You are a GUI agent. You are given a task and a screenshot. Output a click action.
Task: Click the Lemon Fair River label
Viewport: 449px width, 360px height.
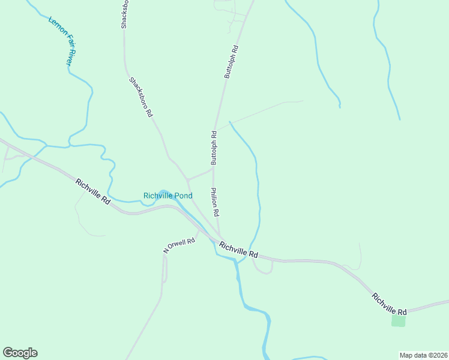point(62,40)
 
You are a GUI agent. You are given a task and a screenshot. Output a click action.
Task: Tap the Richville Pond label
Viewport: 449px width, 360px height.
point(167,196)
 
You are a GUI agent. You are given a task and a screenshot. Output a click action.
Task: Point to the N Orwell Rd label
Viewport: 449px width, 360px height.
point(179,245)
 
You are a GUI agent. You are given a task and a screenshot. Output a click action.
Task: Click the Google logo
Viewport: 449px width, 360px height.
point(20,353)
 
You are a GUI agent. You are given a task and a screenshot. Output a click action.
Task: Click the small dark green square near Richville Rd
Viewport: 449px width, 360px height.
point(398,320)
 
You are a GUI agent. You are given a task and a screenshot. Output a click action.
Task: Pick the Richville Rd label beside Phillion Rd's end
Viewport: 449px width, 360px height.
point(242,250)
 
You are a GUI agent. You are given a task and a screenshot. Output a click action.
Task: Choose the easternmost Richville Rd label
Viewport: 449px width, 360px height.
point(389,304)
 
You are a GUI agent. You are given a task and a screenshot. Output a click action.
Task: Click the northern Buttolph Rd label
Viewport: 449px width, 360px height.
point(232,62)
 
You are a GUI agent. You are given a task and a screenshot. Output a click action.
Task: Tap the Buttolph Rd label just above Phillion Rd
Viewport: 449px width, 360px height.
point(214,148)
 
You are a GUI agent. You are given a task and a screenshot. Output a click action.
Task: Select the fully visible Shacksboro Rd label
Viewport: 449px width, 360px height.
point(140,97)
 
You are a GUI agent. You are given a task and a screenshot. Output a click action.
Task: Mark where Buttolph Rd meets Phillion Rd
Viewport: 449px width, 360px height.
point(214,169)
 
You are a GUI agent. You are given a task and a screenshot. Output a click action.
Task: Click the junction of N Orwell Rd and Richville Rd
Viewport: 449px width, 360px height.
point(199,229)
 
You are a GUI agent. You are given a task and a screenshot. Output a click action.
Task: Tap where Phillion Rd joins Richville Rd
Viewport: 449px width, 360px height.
point(220,236)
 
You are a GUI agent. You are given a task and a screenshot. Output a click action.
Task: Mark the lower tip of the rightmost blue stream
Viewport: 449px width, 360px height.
point(399,119)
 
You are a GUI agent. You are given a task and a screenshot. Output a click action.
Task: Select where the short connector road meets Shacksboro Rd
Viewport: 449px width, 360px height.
point(188,179)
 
